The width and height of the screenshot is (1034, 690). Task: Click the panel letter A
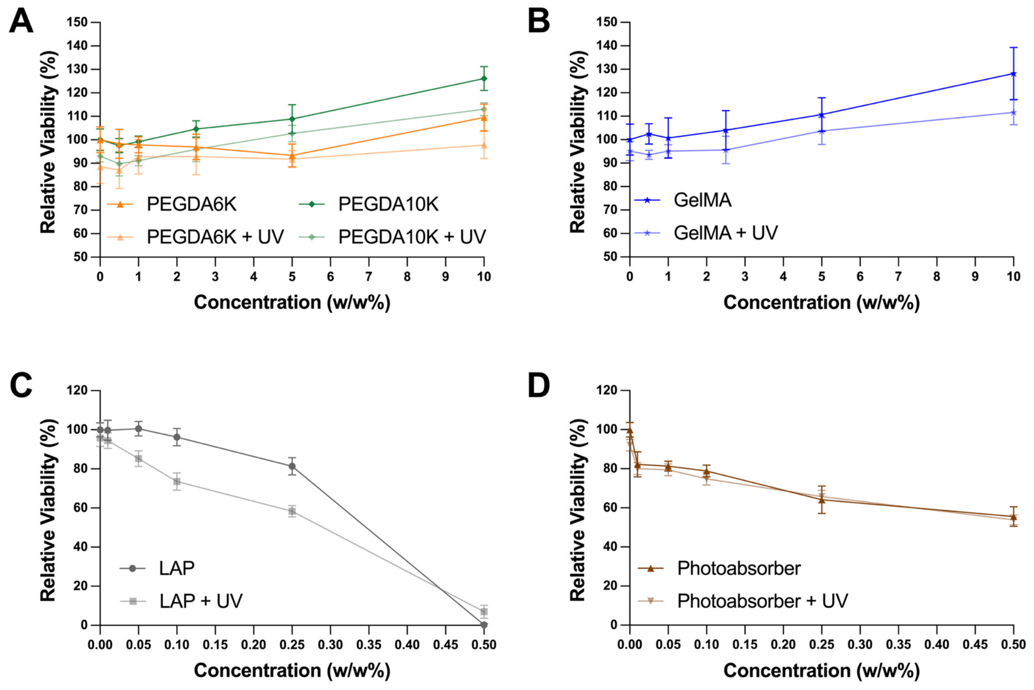coord(21,21)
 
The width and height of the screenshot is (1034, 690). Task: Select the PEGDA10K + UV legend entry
coord(393,237)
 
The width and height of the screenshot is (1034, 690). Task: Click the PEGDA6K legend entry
coord(172,204)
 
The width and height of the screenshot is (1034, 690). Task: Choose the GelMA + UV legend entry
coord(706,233)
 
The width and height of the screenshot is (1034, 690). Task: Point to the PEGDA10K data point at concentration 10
coord(484,79)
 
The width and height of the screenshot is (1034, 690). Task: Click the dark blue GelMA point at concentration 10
coord(1014,74)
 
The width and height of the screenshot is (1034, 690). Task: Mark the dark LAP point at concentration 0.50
coord(484,625)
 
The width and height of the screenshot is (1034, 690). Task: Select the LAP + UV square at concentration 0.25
coord(292,511)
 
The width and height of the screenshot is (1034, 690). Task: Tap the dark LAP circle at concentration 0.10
coord(177,437)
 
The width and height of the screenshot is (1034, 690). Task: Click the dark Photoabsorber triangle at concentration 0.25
coord(822,499)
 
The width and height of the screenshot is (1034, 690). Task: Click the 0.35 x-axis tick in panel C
coord(368,645)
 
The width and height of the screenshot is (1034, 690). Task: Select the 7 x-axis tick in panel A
coord(368,277)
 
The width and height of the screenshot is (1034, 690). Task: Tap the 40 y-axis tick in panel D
coord(610,547)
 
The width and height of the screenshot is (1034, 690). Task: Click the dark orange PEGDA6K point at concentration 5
coord(292,156)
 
